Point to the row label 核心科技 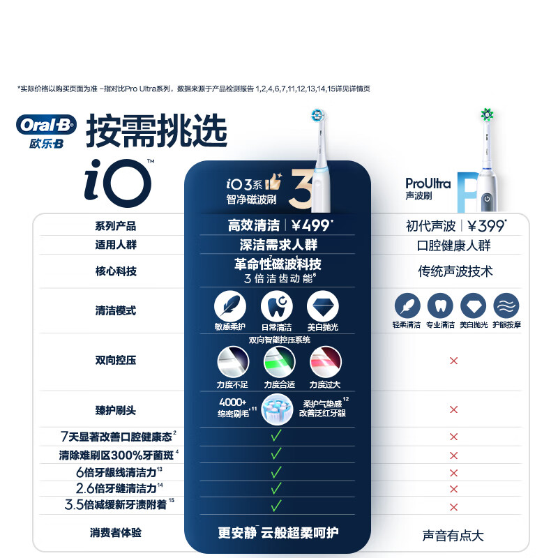(x=116, y=271)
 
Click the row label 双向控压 (x=116, y=361)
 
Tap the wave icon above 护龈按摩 (x=506, y=306)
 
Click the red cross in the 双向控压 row (x=453, y=361)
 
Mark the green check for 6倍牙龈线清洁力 (x=276, y=472)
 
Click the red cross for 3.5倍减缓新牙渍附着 (x=453, y=507)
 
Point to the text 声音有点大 (x=453, y=535)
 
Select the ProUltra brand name (x=428, y=183)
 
